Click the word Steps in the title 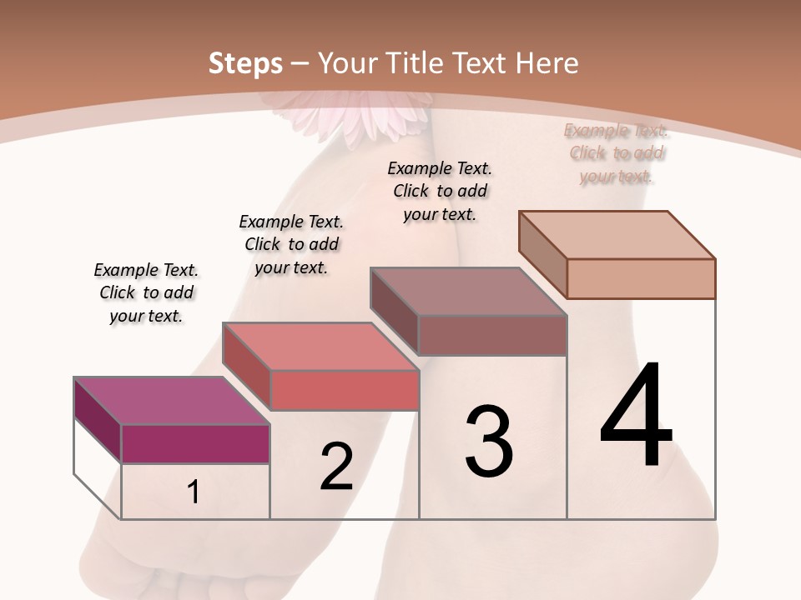pos(245,63)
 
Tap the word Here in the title pos(547,63)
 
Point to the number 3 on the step pos(489,441)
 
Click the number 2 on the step pos(336,466)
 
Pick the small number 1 pos(194,492)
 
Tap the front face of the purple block pos(195,443)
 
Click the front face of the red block pos(344,390)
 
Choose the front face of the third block pos(492,335)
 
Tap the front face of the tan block pos(641,278)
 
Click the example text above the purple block pos(146,292)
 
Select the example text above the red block pos(291,244)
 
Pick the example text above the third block pos(440,191)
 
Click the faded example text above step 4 pos(616,153)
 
